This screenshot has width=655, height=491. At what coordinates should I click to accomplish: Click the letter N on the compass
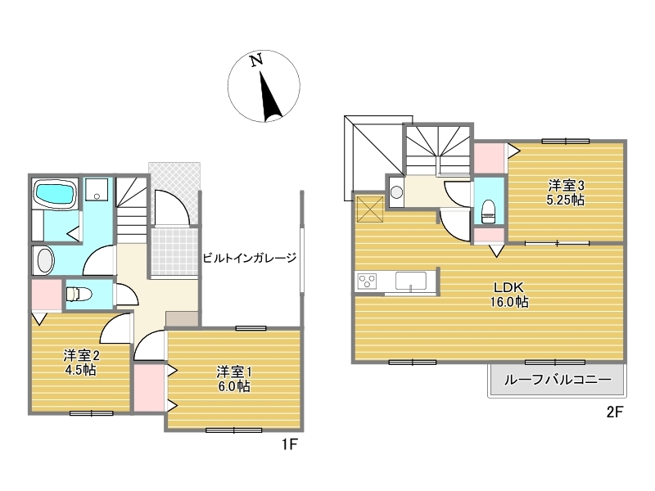tap(256, 60)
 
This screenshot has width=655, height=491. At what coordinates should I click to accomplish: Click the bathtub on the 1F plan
tap(55, 194)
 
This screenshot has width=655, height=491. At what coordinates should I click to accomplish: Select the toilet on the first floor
tap(79, 294)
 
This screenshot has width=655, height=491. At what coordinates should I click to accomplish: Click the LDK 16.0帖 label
tap(508, 295)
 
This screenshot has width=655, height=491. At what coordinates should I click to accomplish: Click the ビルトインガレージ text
tap(250, 258)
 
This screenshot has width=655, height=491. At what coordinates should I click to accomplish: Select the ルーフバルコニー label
tap(558, 380)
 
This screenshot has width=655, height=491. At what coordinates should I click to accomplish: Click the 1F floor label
tap(289, 444)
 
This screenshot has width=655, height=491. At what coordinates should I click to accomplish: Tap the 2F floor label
tap(615, 412)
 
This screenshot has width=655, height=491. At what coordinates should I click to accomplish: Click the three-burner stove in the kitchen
tap(366, 281)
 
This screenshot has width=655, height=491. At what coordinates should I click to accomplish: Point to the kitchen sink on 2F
tap(411, 281)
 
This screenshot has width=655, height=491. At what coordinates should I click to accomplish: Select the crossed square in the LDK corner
tap(370, 209)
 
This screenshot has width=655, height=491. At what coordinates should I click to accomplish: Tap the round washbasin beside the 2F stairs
tap(396, 192)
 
